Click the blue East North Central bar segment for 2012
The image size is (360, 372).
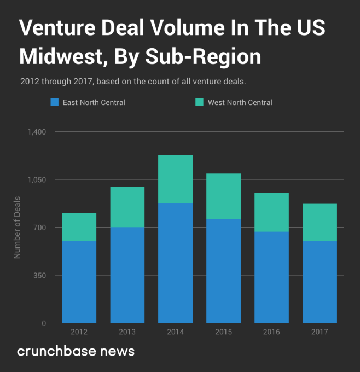[79, 282]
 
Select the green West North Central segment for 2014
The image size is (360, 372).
[175, 179]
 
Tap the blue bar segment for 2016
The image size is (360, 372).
[271, 277]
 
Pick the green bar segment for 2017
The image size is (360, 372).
[320, 222]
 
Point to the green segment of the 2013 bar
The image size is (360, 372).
[127, 207]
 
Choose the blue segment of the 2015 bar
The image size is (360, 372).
[223, 271]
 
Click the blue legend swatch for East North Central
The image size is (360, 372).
[54, 102]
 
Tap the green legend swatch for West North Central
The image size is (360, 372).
[199, 102]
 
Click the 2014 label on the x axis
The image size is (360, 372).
[175, 332]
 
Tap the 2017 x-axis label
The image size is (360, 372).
[320, 332]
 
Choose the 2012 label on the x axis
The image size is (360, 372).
[79, 332]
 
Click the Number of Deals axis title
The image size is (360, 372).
[17, 226]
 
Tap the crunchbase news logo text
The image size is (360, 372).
[76, 351]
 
